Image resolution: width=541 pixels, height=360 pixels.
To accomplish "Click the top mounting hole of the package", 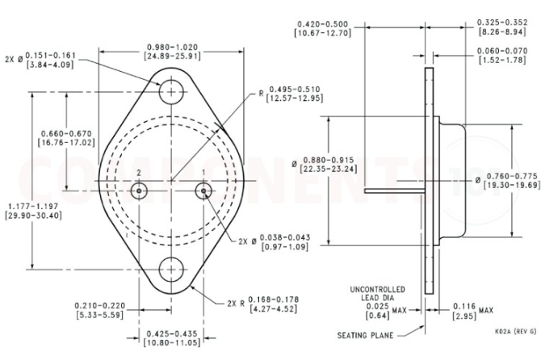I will (x=170, y=92).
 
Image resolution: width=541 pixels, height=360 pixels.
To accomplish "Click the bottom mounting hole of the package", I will (x=170, y=270).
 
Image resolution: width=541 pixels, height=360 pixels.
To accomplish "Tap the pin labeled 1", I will (x=203, y=190).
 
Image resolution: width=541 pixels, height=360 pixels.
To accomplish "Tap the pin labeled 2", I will (x=139, y=190).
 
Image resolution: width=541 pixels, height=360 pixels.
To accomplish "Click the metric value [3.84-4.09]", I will (x=50, y=65).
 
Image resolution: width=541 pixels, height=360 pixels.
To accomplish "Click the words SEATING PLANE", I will (x=366, y=334).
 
